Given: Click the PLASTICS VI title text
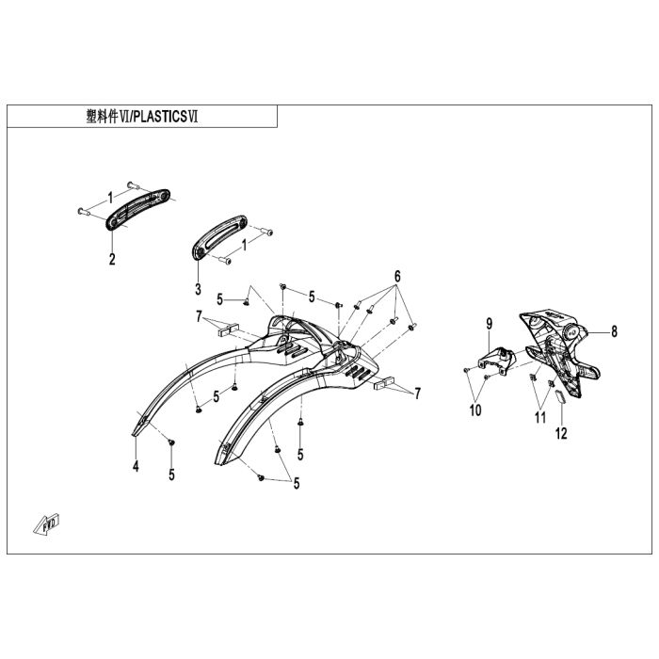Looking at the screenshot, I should [169, 117].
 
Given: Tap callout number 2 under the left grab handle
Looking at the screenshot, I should [111, 259].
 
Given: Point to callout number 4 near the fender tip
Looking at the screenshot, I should [136, 466].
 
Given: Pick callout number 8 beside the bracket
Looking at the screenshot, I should [613, 331].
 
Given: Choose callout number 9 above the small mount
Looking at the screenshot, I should [490, 325].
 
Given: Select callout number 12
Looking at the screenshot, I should [561, 434].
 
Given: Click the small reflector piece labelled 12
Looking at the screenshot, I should [555, 396].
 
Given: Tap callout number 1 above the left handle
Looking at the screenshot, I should [109, 197].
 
